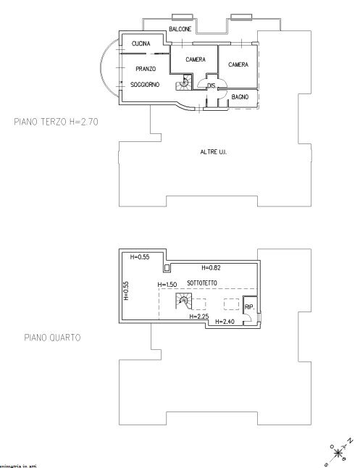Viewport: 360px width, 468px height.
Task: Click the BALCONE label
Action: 180,28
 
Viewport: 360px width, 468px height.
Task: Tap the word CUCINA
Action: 141,45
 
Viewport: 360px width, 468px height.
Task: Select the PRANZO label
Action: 146,69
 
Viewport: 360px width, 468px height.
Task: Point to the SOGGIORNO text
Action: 145,85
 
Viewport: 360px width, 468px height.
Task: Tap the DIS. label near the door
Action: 212,86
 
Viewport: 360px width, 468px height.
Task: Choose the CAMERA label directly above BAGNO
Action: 238,64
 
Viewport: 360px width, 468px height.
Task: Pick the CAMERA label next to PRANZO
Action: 195,59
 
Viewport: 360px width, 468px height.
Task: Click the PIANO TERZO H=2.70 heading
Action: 56,122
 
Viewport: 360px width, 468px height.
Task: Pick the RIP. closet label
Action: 249,306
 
